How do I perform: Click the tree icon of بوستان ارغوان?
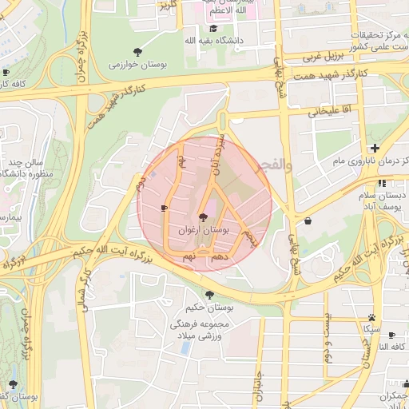(204, 216)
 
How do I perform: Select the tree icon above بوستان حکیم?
(209, 294)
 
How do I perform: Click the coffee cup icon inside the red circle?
(164, 208)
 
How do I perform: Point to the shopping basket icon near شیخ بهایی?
(308, 220)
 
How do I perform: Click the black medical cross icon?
(375, 148)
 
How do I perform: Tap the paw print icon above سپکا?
(372, 317)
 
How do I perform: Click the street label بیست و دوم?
(327, 340)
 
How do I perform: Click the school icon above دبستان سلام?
(383, 182)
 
